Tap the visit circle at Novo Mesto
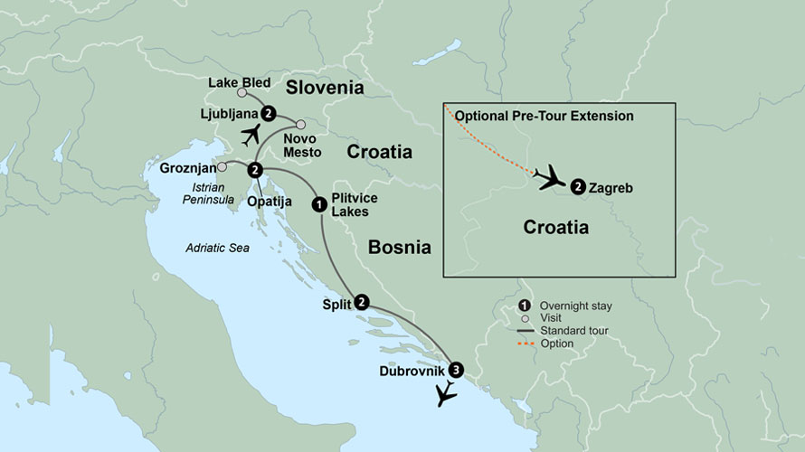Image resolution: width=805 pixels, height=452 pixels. (x=300, y=125)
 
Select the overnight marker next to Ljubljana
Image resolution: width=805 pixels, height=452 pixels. (x=269, y=113)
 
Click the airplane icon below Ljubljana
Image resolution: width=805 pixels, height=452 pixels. (x=251, y=135)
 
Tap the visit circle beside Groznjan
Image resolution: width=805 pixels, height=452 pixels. (x=223, y=167)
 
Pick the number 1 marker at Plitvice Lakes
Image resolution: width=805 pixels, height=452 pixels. (x=318, y=204)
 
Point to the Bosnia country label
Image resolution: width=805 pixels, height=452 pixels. (x=399, y=247)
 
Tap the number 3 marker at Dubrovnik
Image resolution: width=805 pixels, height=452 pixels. (x=456, y=369)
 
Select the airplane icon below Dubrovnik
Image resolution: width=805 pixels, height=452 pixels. (x=444, y=394)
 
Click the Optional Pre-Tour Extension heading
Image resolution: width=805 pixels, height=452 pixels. (x=544, y=117)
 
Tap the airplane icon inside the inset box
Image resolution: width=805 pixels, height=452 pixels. (x=548, y=177)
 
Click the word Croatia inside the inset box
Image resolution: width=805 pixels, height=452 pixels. (x=556, y=228)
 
